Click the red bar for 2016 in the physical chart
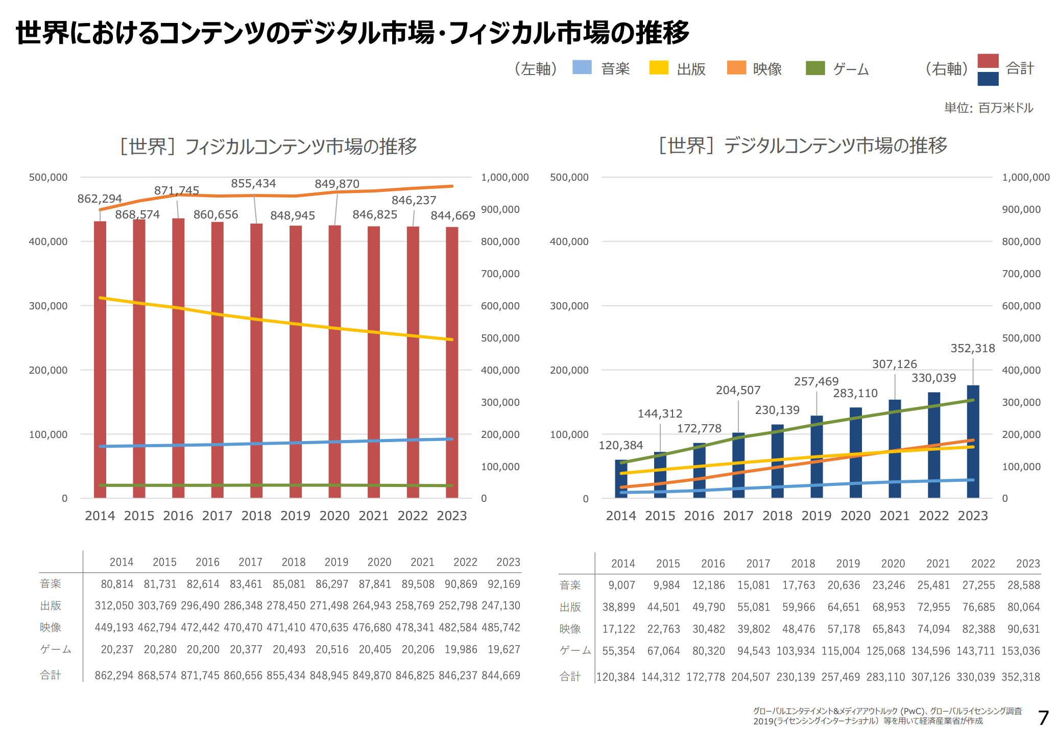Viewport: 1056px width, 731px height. [x=178, y=357]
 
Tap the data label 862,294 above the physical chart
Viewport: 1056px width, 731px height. [x=100, y=199]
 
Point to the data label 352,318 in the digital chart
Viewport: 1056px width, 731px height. [x=973, y=348]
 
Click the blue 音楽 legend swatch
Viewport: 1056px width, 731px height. [x=582, y=67]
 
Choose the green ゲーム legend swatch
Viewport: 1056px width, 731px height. [x=815, y=68]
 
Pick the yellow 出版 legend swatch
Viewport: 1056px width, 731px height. [x=659, y=67]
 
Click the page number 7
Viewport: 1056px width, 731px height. [x=1043, y=718]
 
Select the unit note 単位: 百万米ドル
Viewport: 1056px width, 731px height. [x=989, y=108]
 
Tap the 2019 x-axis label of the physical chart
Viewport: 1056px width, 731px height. [x=295, y=516]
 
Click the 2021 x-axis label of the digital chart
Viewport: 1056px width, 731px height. [x=895, y=516]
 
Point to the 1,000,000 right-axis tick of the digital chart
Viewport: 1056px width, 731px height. [x=1025, y=177]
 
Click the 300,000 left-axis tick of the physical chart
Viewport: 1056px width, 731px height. [x=48, y=306]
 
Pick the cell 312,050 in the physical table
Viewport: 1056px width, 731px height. [x=114, y=605]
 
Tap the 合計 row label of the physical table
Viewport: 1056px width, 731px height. [x=51, y=675]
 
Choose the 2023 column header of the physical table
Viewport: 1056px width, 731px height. [x=508, y=562]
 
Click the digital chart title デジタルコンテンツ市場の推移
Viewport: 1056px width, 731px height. [x=803, y=145]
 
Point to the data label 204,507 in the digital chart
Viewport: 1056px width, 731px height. [x=738, y=390]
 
